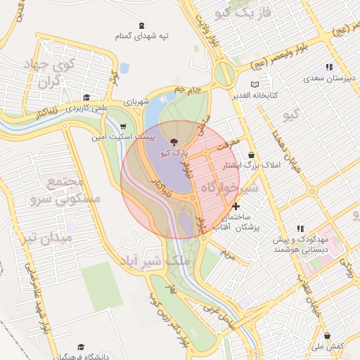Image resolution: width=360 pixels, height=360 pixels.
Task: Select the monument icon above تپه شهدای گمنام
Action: (143, 24)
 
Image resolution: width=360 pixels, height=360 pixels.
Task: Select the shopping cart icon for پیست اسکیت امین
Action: (124, 127)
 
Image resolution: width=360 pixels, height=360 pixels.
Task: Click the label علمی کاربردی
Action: (85, 108)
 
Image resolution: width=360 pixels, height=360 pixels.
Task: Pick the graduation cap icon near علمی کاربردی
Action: (86, 98)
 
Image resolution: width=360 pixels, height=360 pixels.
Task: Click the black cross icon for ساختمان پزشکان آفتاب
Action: (236, 206)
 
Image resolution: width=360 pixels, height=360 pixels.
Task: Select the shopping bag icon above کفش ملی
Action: (326, 336)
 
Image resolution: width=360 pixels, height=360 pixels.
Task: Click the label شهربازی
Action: (137, 102)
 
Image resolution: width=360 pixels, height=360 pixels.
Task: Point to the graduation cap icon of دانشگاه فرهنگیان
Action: (82, 347)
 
